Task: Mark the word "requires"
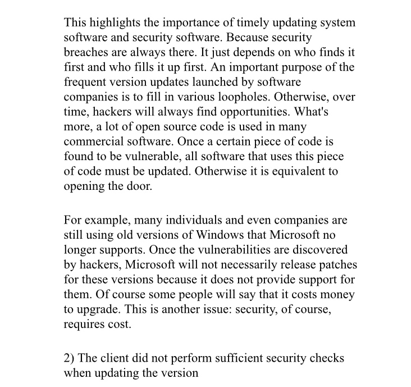[84, 322]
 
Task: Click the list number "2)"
[70, 358]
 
